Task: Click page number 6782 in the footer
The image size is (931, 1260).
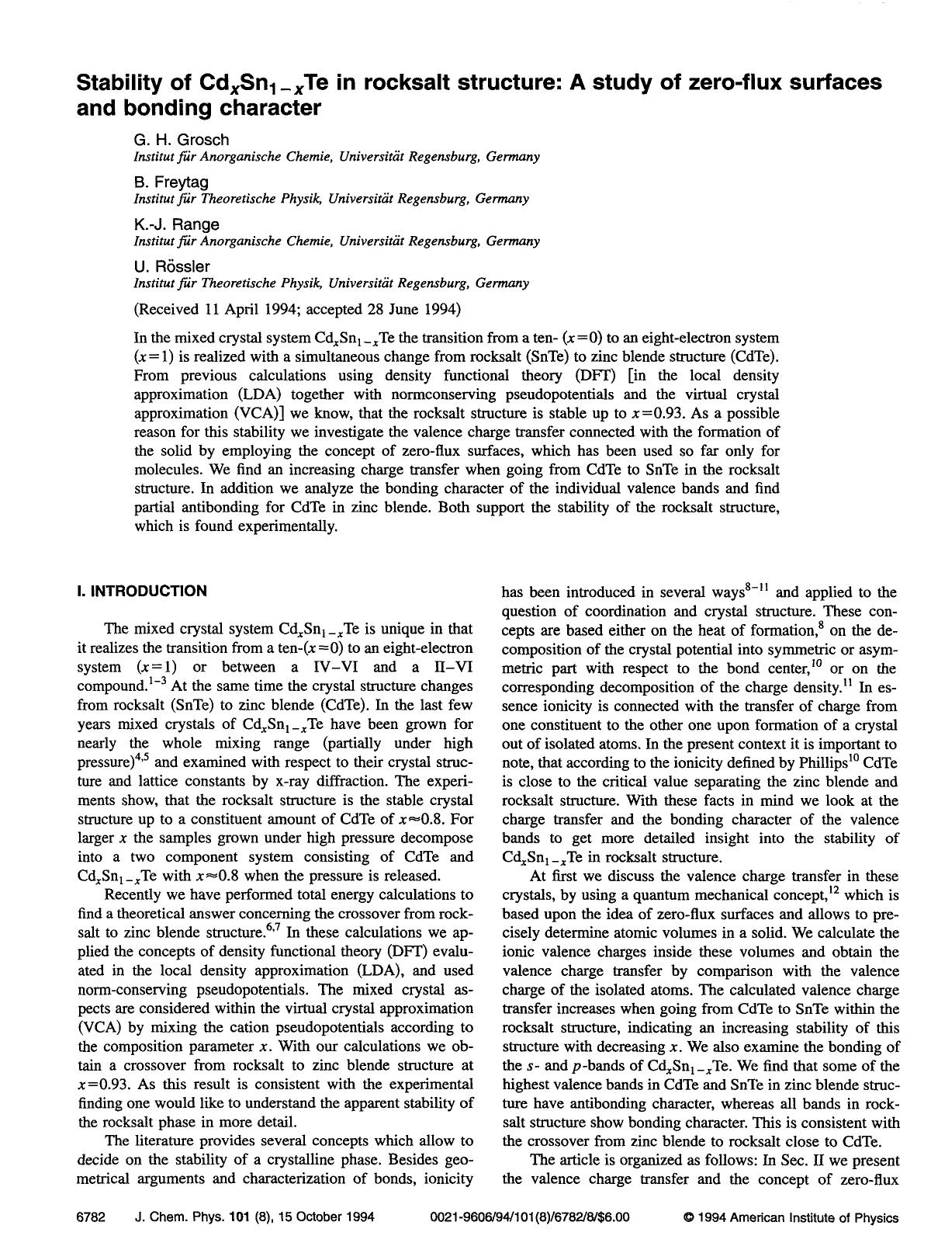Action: tap(92, 1217)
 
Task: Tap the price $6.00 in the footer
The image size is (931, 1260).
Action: tap(613, 1217)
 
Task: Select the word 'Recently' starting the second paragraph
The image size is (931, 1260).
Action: tap(132, 895)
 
